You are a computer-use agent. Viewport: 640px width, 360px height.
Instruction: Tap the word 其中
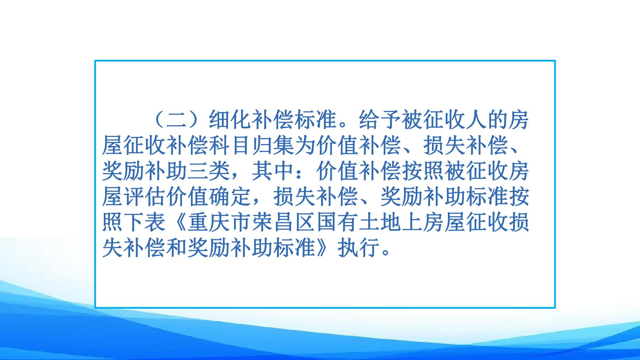coord(273,171)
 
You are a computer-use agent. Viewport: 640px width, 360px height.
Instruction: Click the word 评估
coord(145,197)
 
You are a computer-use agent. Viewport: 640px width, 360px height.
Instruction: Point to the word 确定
coord(230,197)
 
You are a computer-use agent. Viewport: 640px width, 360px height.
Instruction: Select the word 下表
coord(145,222)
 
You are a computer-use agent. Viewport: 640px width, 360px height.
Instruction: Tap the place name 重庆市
coord(219,222)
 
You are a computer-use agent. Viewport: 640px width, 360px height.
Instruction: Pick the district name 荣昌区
coord(283,222)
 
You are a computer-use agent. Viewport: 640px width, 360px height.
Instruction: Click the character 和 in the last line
coord(177,248)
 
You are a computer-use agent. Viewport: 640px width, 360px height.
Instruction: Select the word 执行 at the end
coord(358,248)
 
